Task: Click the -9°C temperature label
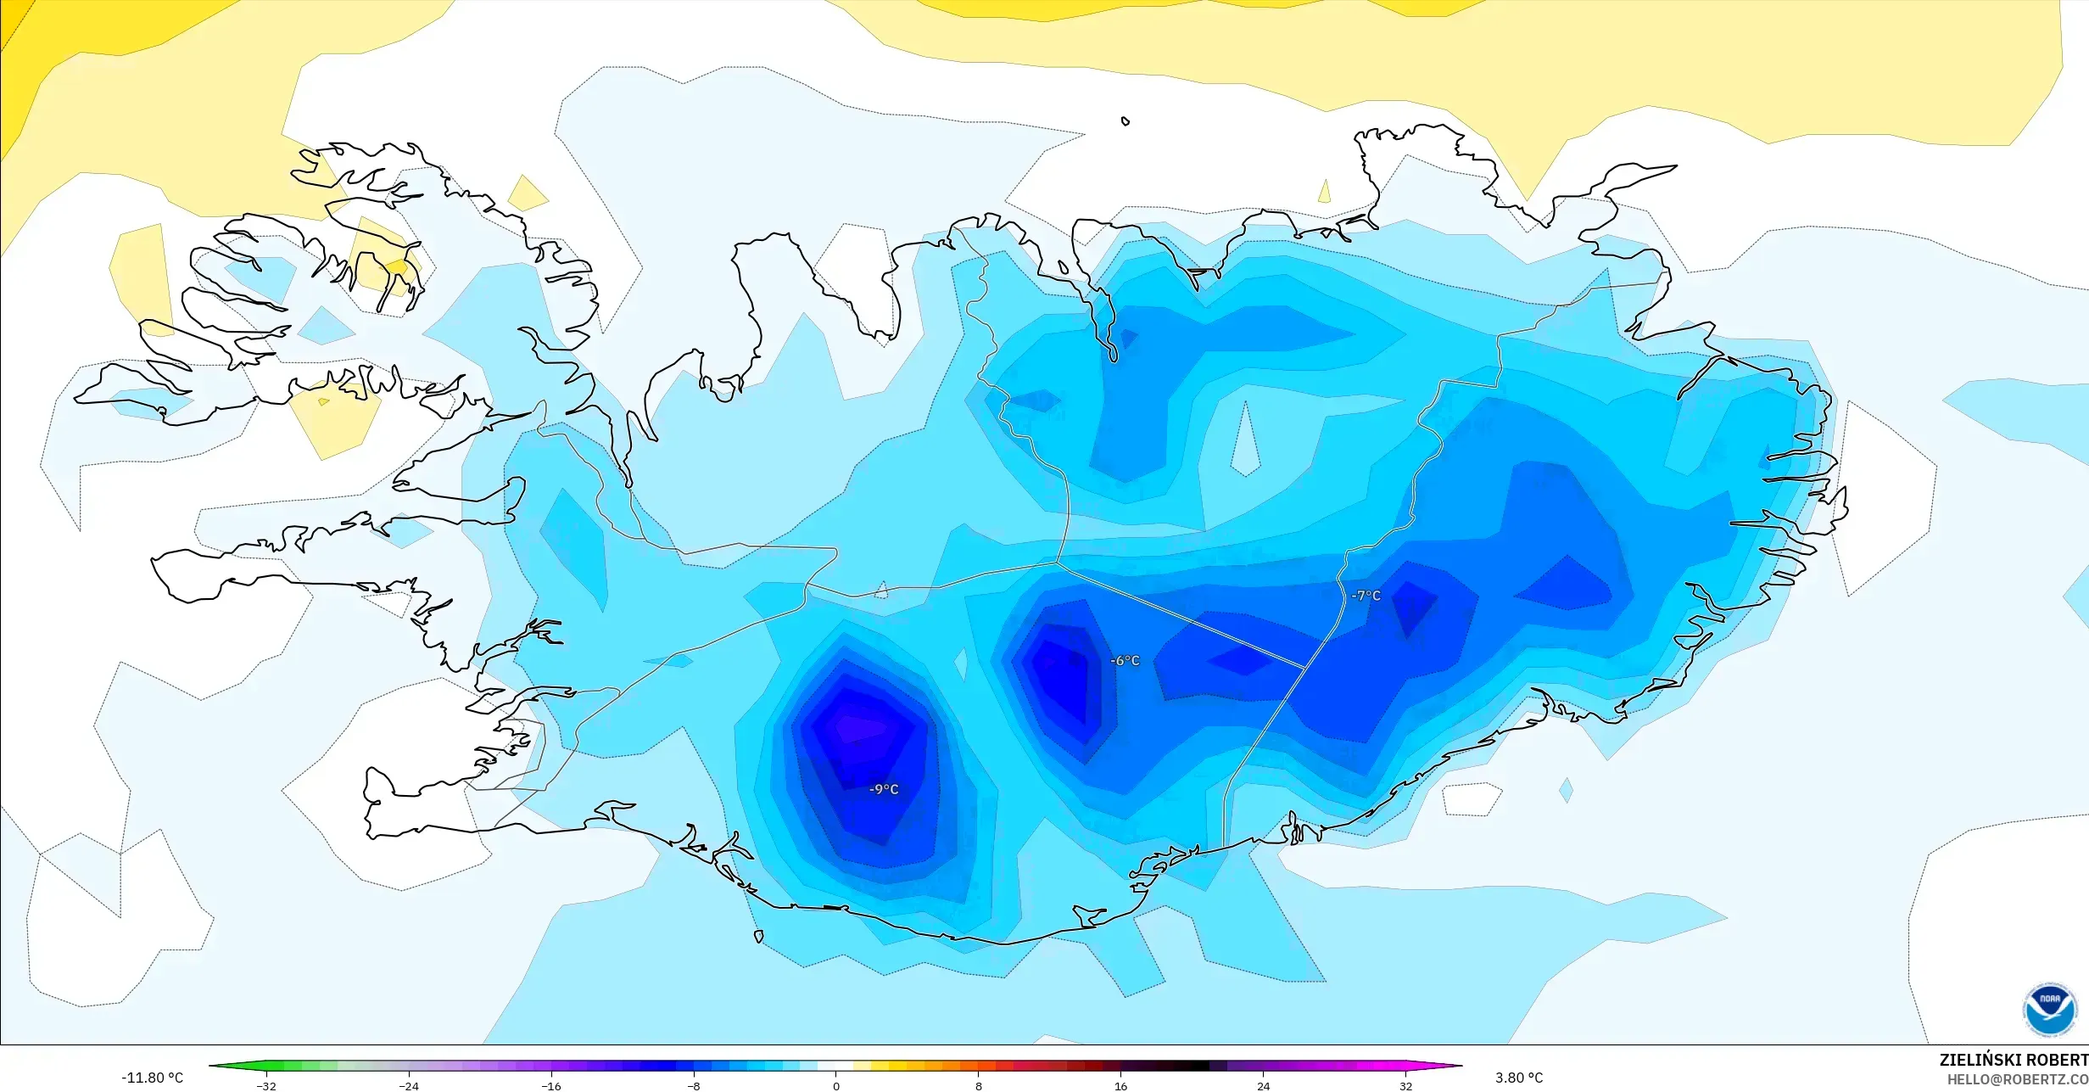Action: (883, 789)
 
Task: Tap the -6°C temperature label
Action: (1125, 661)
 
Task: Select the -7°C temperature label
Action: (1366, 596)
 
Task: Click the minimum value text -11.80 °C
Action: (152, 1078)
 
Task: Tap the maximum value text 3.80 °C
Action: (1518, 1078)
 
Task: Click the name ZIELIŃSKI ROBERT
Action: (2013, 1060)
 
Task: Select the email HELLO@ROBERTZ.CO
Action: (2017, 1079)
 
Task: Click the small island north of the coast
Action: (1125, 121)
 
